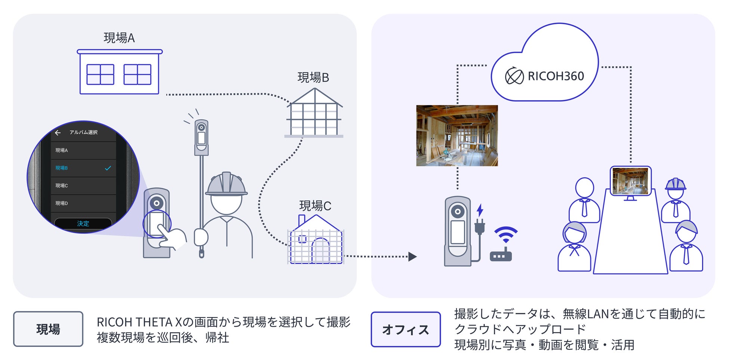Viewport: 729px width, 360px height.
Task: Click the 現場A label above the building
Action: (119, 38)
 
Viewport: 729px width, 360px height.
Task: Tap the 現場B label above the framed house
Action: (313, 77)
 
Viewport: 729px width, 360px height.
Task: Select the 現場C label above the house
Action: (315, 206)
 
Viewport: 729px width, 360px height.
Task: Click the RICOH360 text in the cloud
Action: (556, 76)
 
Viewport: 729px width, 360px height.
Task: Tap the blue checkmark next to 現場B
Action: (108, 168)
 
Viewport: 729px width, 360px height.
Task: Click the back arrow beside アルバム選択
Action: (58, 133)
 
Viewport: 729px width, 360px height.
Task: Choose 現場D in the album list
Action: (62, 203)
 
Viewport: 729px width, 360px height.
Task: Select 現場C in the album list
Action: (62, 185)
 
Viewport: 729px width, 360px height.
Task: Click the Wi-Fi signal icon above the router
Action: (506, 234)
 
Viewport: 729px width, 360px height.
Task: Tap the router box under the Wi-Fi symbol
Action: (501, 256)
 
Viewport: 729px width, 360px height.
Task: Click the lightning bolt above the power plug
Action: (480, 210)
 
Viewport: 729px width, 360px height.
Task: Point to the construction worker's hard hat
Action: (226, 184)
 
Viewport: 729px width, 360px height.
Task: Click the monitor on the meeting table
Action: (631, 181)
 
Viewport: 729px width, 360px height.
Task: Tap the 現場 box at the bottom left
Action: (48, 329)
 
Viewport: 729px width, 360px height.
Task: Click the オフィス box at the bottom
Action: (406, 329)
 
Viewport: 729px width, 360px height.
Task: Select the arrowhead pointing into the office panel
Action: (412, 256)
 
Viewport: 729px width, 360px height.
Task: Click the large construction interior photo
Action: (457, 135)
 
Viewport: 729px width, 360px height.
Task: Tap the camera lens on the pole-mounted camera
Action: (201, 127)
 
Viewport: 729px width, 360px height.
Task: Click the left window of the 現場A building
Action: (100, 74)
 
